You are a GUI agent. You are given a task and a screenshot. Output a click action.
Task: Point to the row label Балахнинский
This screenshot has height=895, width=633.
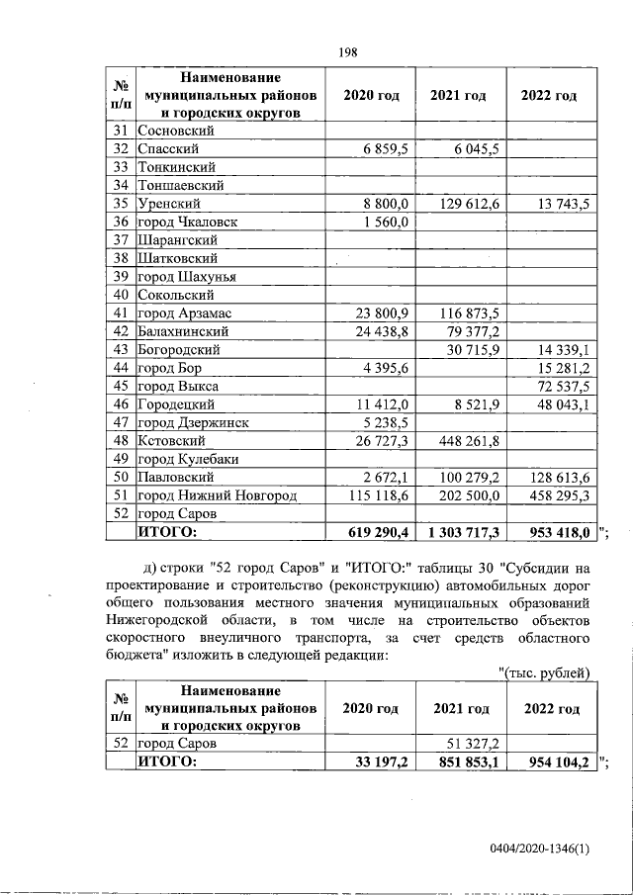point(184,331)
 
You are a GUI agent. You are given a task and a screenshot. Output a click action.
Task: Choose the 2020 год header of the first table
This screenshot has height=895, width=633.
point(370,96)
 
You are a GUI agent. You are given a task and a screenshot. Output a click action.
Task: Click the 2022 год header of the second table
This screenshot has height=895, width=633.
point(551,709)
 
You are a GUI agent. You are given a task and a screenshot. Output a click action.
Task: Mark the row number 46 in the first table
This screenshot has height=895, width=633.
point(122,404)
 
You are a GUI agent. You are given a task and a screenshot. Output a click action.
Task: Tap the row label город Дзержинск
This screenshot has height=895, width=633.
point(193,422)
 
